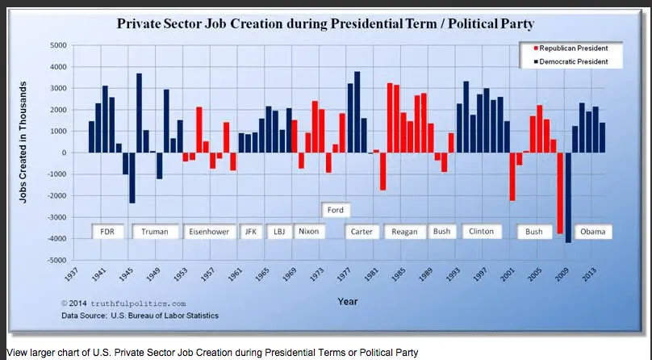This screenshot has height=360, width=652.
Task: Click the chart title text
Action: (325, 23)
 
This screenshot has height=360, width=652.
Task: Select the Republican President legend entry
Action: (569, 48)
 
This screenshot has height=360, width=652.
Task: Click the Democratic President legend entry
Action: (569, 61)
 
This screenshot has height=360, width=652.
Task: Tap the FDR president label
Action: (107, 232)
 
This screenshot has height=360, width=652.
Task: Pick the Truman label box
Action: (155, 232)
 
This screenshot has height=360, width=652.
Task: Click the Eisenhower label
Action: (209, 232)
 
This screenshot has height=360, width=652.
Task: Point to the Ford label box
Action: (335, 210)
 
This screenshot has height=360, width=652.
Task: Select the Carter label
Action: (362, 232)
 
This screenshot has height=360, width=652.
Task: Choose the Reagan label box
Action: (404, 232)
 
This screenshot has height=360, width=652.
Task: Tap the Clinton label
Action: (482, 231)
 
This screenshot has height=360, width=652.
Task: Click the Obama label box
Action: (592, 232)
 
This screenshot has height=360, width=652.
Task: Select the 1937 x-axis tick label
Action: (71, 276)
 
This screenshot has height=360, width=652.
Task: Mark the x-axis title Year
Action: (348, 301)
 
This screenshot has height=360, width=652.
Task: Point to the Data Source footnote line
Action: (139, 316)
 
